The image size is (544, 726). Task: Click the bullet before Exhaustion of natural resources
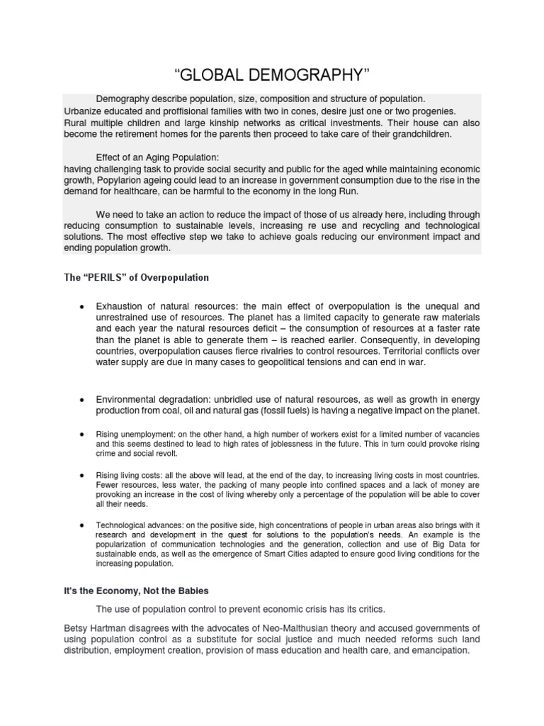pyautogui.click(x=83, y=306)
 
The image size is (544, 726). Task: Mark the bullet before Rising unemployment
pyautogui.click(x=83, y=432)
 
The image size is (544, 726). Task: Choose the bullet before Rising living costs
pyautogui.click(x=83, y=475)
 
